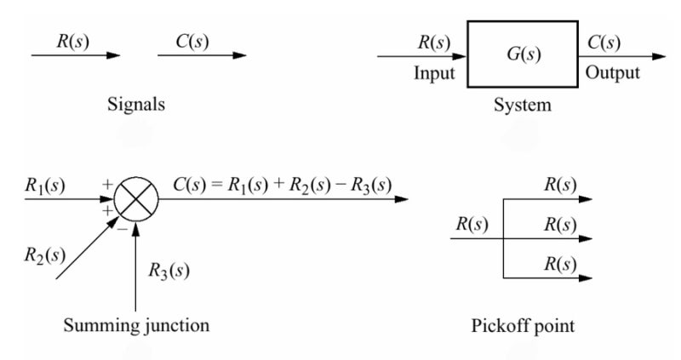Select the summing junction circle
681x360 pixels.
(x=135, y=201)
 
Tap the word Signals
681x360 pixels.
(x=136, y=106)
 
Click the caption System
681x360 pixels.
(x=523, y=106)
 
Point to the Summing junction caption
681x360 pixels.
(x=136, y=325)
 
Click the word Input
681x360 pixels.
(x=434, y=73)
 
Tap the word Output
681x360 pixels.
(x=612, y=73)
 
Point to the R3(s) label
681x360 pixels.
(x=169, y=271)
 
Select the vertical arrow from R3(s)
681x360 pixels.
(x=136, y=264)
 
